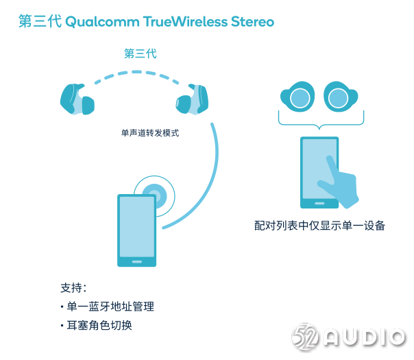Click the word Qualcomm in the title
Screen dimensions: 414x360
102,22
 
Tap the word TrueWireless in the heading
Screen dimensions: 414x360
185,21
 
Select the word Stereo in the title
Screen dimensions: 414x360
253,21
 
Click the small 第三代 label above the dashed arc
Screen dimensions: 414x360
141,53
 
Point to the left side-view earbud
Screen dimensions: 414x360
77,99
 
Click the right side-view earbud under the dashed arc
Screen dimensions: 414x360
192,99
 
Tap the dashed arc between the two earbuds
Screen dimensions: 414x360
137,72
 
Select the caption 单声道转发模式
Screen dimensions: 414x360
150,133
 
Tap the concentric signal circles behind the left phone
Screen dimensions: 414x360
154,196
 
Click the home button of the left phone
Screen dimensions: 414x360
137,262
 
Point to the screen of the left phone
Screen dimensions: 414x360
137,226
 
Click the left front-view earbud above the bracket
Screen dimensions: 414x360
297,97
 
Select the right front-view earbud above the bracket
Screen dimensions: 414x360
341,97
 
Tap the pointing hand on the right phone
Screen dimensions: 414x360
339,182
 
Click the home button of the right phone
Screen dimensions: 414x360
319,204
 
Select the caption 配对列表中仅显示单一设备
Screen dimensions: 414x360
319,226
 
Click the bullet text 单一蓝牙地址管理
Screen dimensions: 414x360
110,307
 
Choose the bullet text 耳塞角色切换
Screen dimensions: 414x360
99,326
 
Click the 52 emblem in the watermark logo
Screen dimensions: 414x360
306,337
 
